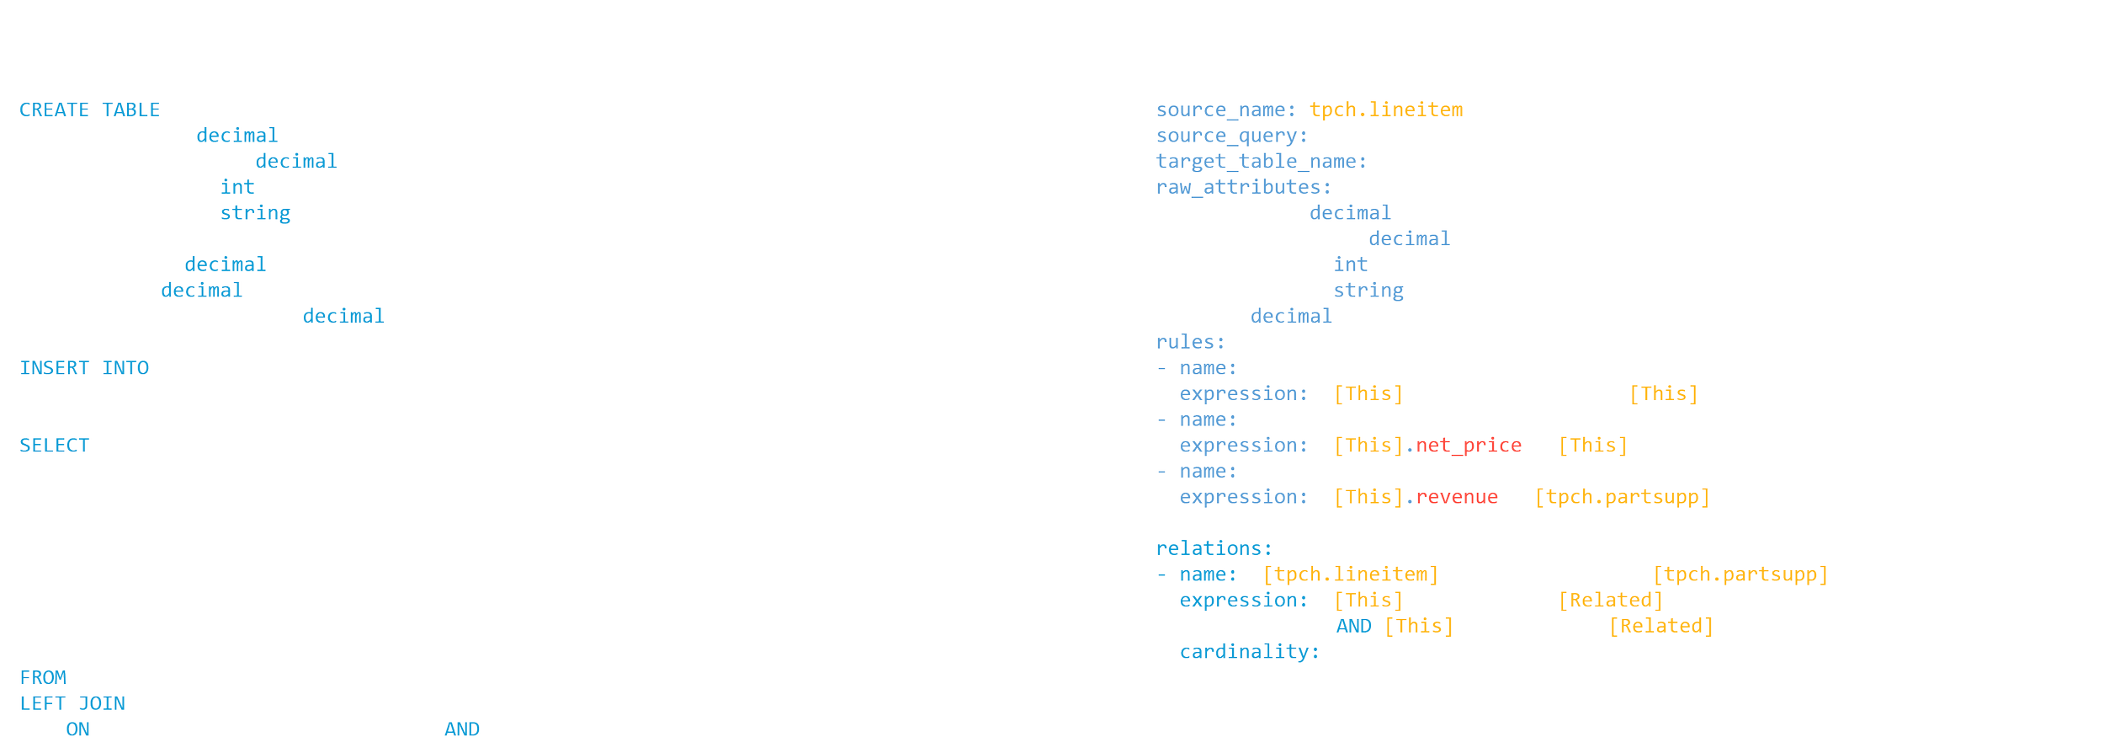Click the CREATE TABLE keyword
(89, 109)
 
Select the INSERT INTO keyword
(84, 368)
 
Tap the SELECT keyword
(54, 446)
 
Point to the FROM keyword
(43, 678)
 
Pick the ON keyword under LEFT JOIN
(77, 729)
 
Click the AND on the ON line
(462, 729)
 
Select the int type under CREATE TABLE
(237, 187)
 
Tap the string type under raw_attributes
(1368, 291)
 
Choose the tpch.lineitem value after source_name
(1386, 109)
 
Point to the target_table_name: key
(1261, 161)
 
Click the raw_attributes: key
(1243, 187)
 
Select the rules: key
(1190, 342)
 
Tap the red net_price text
(1468, 446)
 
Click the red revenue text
(1456, 497)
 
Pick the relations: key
(1214, 548)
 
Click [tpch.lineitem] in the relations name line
(1351, 574)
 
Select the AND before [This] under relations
(1353, 627)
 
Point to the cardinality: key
(1249, 652)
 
